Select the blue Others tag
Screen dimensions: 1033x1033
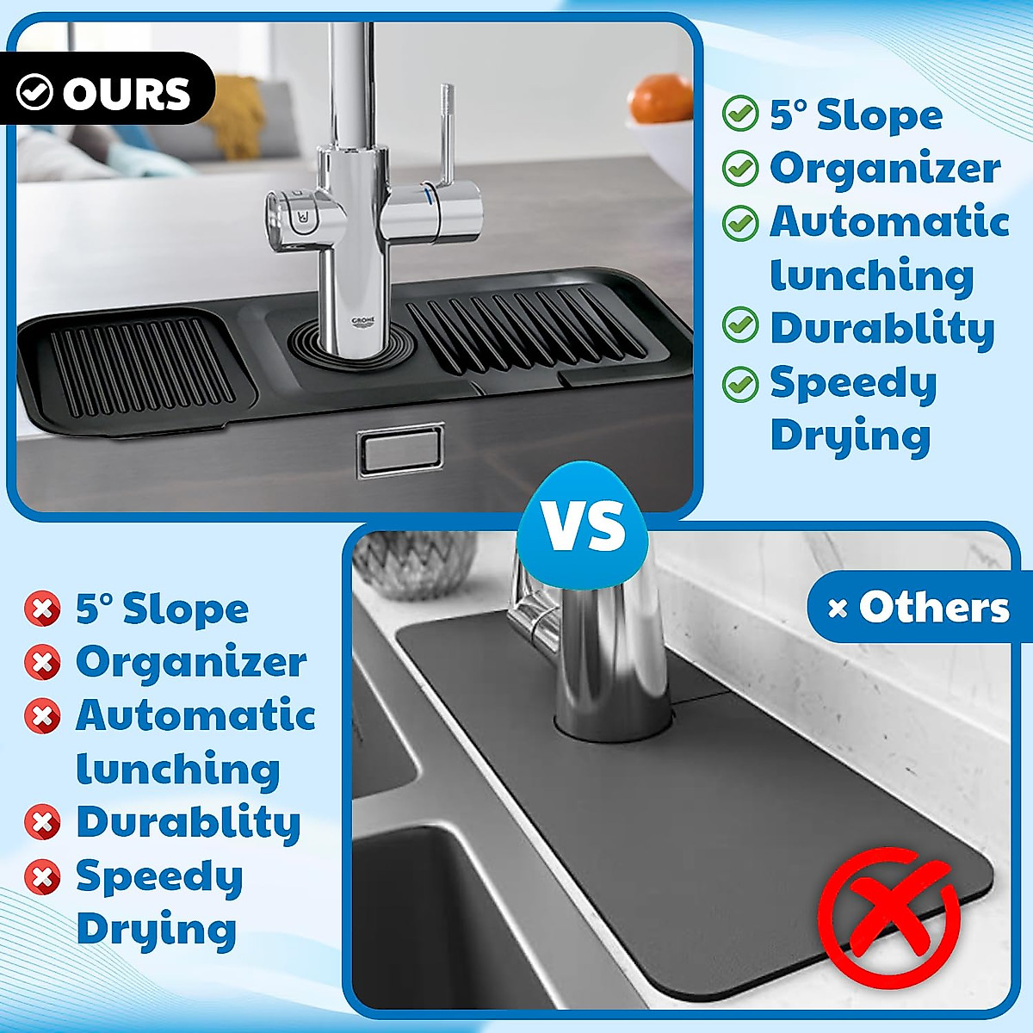[919, 607]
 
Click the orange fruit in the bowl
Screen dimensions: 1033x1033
[660, 99]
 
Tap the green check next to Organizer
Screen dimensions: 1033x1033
[739, 169]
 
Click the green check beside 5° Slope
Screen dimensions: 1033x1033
[739, 114]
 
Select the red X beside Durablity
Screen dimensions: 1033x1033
[42, 823]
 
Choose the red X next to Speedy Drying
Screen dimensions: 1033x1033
[42, 877]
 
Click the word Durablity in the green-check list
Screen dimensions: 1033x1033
[881, 328]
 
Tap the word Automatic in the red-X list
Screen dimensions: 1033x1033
[195, 715]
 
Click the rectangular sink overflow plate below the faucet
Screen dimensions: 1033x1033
[400, 448]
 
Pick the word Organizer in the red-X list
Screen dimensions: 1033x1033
[191, 662]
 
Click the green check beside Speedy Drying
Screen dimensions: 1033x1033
[739, 383]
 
